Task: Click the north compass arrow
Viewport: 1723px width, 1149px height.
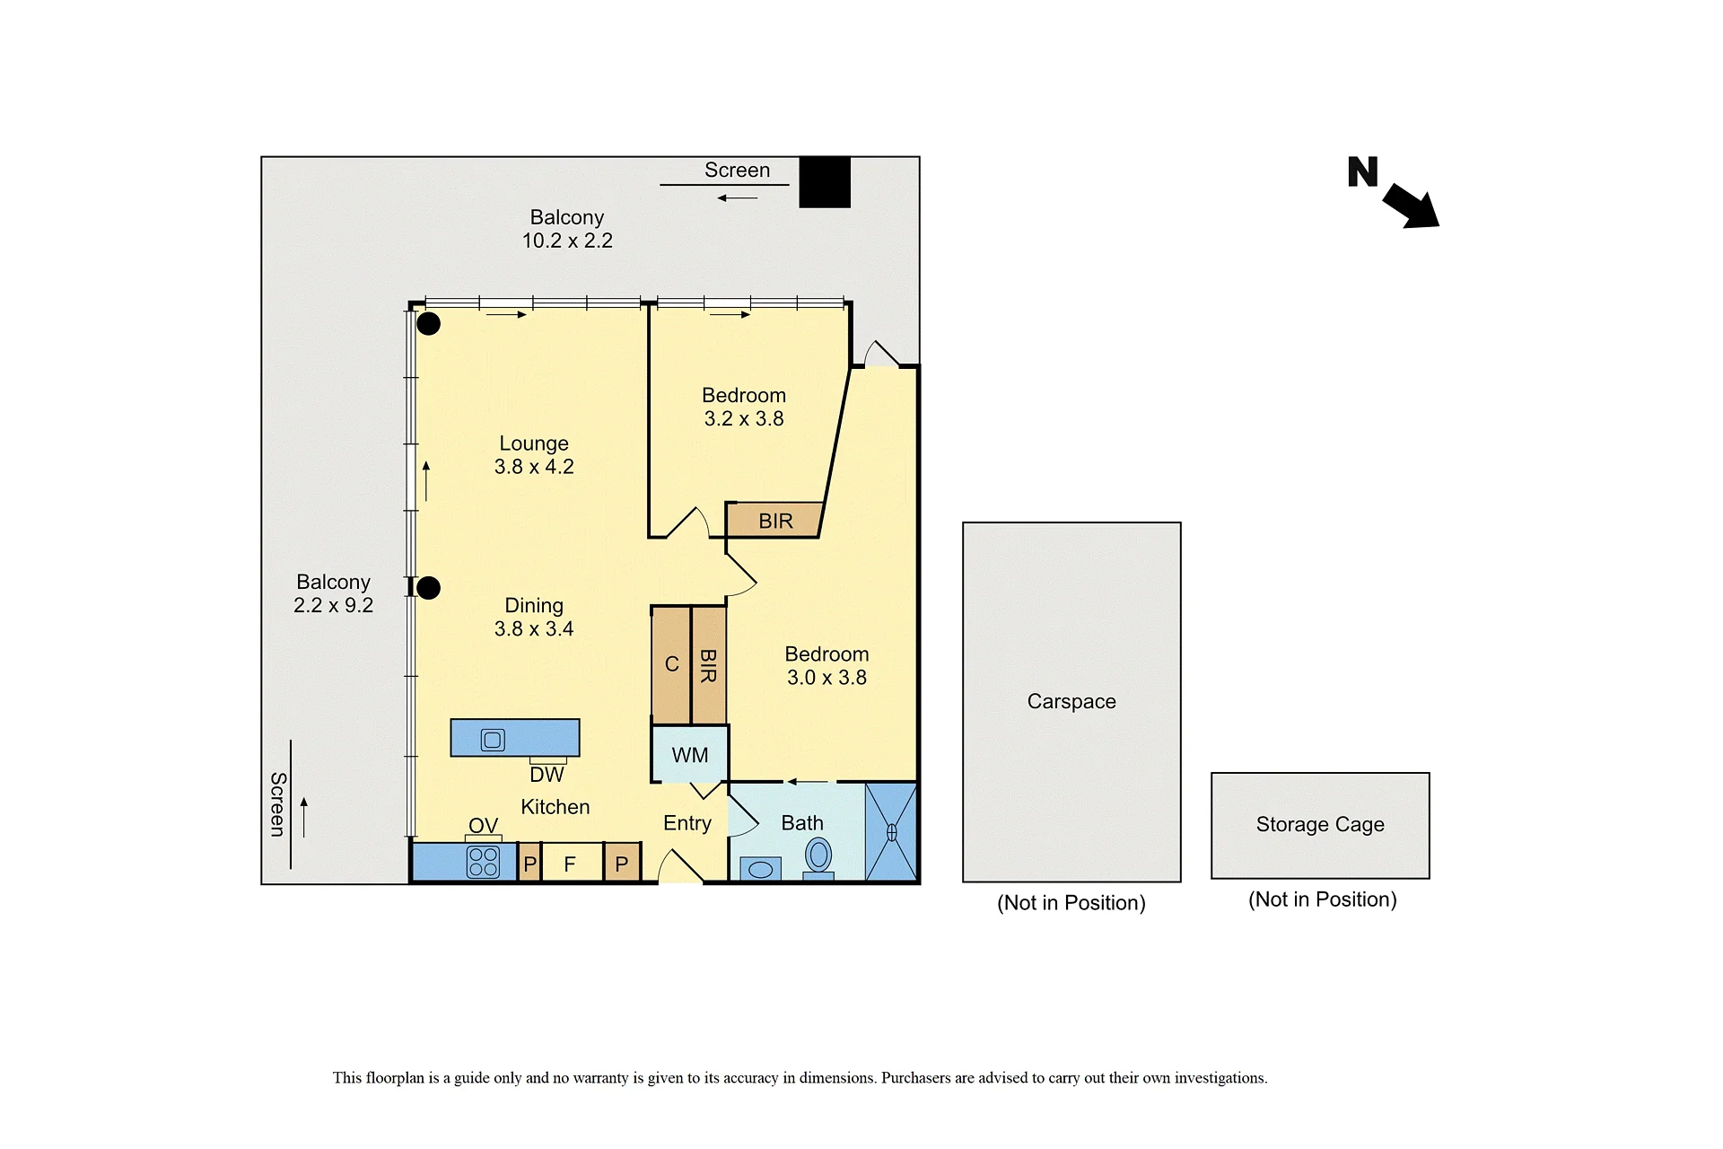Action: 1411,206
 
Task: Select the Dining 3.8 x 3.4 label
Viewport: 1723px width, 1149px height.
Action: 534,617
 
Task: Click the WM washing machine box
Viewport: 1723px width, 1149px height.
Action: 689,754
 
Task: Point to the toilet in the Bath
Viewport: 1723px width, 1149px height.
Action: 818,857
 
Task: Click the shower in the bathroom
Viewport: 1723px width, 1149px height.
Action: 891,832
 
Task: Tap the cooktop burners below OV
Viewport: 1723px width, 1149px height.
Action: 483,862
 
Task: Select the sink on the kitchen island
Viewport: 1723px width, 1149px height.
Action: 493,740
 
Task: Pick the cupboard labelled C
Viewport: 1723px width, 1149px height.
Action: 671,664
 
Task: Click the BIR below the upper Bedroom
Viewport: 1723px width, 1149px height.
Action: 774,520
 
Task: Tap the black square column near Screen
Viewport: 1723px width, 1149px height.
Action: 825,182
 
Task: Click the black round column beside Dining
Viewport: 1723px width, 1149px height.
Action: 429,588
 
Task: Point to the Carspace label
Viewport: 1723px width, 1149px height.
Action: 1071,701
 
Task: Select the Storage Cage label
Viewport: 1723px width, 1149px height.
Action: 1320,824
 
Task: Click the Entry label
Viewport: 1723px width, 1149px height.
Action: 687,823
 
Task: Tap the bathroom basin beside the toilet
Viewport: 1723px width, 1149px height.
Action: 760,869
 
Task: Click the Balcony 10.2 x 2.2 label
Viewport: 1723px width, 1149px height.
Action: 567,229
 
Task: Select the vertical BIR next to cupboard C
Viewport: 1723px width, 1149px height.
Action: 708,665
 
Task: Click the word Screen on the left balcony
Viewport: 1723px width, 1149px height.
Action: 278,804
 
